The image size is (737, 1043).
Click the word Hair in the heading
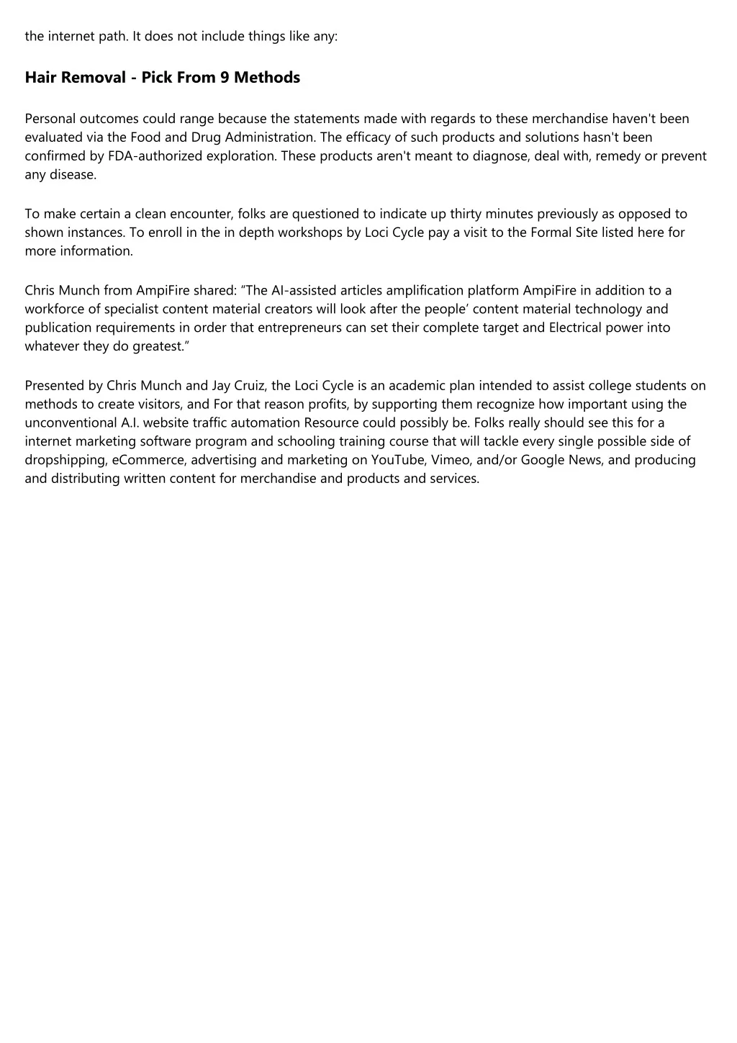(x=40, y=78)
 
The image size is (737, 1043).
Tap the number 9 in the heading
(x=225, y=78)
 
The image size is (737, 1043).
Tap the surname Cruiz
(x=250, y=385)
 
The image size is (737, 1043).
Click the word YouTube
(x=398, y=460)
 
